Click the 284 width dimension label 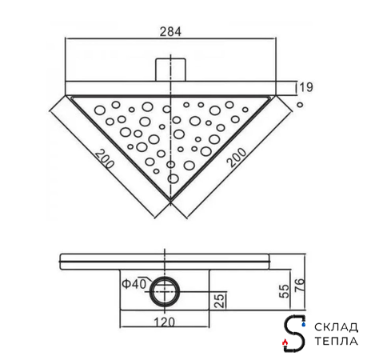click(x=170, y=32)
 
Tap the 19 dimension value click(x=306, y=87)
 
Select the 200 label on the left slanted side click(x=105, y=159)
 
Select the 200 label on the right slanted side click(x=237, y=158)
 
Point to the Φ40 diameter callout click(x=134, y=284)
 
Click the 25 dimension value click(x=220, y=300)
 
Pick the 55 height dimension click(x=285, y=291)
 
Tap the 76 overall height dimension click(x=300, y=285)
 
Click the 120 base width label click(x=165, y=322)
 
